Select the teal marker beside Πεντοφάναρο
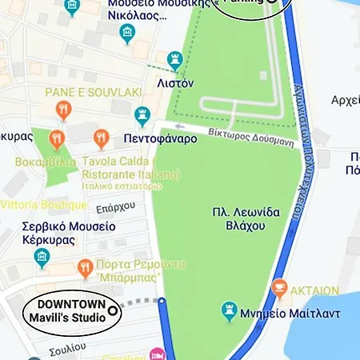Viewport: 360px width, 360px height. click(143, 116)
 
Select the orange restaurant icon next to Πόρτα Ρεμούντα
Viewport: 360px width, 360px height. click(84, 266)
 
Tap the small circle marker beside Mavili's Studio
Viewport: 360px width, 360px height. click(112, 310)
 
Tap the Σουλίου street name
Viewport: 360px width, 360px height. click(66, 349)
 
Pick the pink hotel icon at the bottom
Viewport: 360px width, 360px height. click(159, 353)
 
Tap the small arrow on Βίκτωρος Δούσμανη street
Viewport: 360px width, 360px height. click(180, 126)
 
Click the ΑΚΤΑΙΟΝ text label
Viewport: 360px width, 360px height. click(316, 290)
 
